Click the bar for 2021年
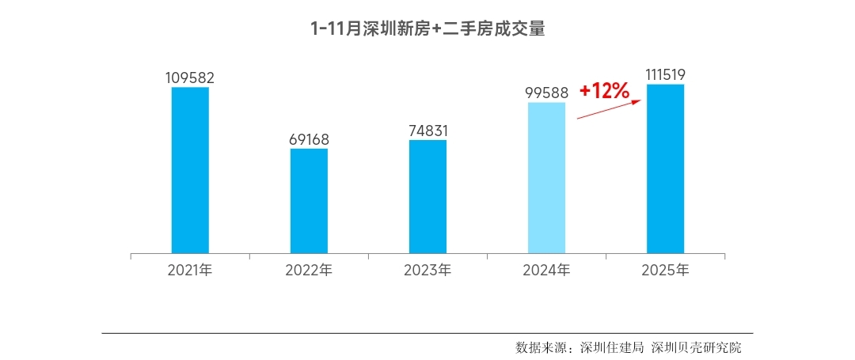point(190,170)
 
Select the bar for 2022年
point(309,201)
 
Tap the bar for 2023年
point(427,196)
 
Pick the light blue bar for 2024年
point(546,177)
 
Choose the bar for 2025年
point(665,169)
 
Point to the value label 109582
point(190,78)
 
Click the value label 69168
point(309,139)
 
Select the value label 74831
point(427,131)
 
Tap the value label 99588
point(546,93)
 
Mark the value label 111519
point(665,74)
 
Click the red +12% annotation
point(604,90)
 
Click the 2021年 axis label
point(190,270)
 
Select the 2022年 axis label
point(309,270)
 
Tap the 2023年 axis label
point(427,270)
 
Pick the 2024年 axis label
point(546,270)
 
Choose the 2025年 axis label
point(665,270)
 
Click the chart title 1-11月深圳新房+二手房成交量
point(427,29)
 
